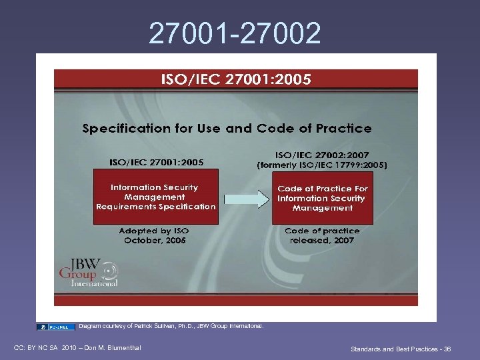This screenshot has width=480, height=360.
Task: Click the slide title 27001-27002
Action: [235, 33]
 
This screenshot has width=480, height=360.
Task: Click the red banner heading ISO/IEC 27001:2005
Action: [235, 80]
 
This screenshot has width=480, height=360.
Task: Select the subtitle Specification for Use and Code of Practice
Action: [227, 128]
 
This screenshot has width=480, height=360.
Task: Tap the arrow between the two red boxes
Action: [245, 198]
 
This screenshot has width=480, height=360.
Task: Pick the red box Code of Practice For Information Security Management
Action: [323, 198]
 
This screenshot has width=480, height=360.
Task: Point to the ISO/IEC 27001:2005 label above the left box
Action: [157, 161]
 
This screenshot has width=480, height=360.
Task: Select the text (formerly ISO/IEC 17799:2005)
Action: [322, 165]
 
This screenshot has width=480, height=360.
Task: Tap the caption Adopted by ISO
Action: [153, 231]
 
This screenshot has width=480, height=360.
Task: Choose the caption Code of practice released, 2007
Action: [322, 235]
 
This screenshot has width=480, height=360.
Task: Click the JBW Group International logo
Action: [89, 270]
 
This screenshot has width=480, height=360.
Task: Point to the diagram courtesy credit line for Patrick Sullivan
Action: [171, 326]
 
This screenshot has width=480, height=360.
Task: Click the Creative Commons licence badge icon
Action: [56, 327]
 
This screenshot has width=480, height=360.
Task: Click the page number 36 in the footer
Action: [447, 349]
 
